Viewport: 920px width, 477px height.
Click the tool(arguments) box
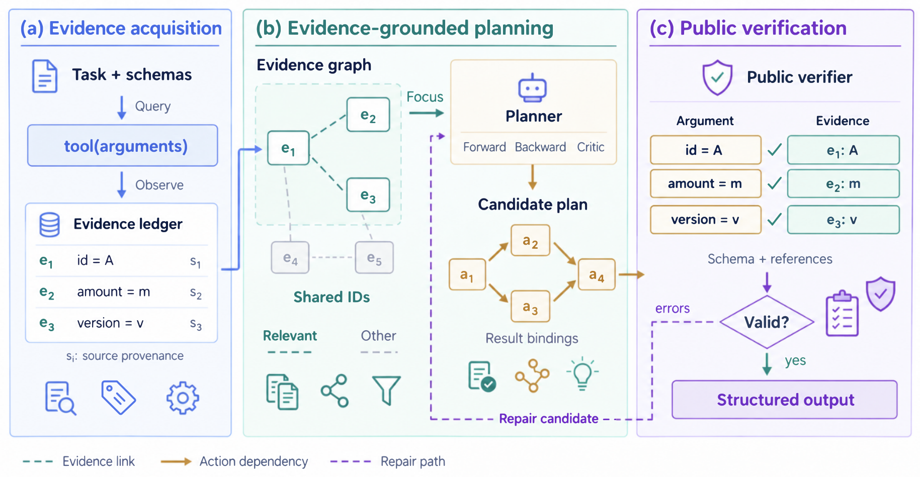coord(123,146)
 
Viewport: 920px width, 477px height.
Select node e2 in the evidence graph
coord(368,115)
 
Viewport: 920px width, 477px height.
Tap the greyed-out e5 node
coord(374,258)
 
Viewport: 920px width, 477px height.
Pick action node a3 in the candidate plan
coord(530,306)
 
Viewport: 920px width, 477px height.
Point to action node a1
coord(467,274)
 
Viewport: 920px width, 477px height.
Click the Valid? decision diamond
coord(767,322)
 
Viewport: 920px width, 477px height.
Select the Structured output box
coord(785,400)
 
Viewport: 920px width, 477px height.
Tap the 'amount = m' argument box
coord(705,183)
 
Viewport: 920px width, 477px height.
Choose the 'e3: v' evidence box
coord(843,220)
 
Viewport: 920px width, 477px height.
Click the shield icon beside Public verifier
coord(717,77)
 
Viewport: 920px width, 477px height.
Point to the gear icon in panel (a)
coord(183,398)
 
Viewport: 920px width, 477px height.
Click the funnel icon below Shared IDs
coord(386,390)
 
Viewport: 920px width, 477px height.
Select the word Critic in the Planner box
coord(591,147)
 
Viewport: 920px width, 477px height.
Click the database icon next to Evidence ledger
coord(50,225)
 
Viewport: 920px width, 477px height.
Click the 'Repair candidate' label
coord(549,418)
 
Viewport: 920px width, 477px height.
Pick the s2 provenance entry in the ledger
coord(196,293)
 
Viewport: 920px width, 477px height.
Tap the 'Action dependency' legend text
coord(254,461)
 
